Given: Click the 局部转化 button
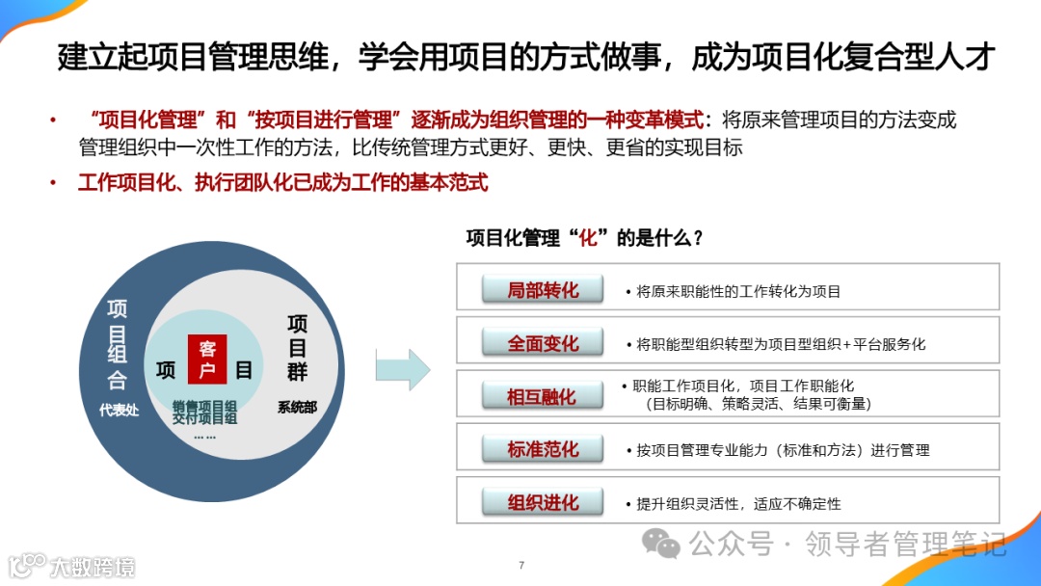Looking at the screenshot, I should click(x=543, y=289).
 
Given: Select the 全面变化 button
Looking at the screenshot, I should click(x=543, y=343).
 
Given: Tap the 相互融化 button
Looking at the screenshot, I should click(x=543, y=396).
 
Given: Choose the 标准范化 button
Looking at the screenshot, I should click(x=543, y=449).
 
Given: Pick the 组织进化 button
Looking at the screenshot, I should click(x=543, y=502).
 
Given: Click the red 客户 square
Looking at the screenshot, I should click(x=207, y=360).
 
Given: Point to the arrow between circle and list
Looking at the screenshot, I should click(x=402, y=369).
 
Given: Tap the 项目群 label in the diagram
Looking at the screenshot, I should click(x=297, y=347).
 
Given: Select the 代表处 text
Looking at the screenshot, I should click(x=119, y=410).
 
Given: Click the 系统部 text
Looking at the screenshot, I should click(x=297, y=408).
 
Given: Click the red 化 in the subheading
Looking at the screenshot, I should click(x=589, y=238).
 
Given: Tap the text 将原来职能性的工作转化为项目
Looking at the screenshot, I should click(x=738, y=291).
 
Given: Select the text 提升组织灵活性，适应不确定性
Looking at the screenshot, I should click(x=738, y=503).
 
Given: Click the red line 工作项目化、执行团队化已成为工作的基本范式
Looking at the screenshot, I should click(x=282, y=181).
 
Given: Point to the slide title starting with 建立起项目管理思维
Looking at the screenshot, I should click(x=525, y=58).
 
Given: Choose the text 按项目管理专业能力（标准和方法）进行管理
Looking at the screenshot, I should click(x=783, y=450).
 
